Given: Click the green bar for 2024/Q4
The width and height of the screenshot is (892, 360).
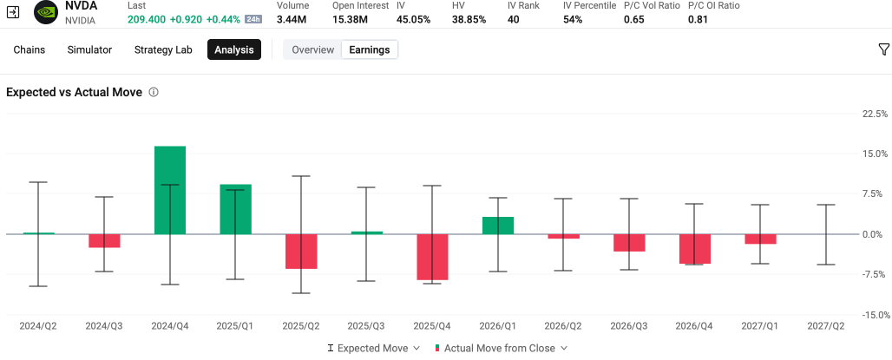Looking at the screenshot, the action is point(170,190).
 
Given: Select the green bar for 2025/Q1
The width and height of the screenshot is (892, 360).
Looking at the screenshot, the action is point(235,209).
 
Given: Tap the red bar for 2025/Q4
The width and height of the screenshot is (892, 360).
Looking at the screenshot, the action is point(432,257).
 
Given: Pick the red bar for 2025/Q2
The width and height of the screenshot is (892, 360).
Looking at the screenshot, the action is point(301,252).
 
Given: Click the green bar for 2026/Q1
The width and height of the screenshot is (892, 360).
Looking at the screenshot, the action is point(498,226).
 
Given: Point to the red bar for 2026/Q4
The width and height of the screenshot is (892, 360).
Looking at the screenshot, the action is point(695,249).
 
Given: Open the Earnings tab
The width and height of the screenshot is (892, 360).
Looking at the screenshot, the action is point(369,49).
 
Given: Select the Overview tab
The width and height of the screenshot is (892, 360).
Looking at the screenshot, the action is point(313,49).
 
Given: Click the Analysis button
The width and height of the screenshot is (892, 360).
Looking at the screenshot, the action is point(234,49).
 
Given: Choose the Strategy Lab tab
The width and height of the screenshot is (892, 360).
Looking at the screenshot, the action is point(163,49).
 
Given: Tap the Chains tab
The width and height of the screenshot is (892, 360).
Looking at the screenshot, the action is point(29,49).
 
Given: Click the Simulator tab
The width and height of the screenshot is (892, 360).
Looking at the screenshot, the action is point(89,49).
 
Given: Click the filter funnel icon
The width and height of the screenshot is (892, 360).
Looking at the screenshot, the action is point(883,49).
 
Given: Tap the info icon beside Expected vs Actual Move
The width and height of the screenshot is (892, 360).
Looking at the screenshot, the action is point(153,92).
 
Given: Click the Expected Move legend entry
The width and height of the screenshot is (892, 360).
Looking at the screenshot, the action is point(374,348).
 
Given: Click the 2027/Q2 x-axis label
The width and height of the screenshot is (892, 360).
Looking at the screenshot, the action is point(826,326).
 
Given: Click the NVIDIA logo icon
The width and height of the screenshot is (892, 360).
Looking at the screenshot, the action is point(46,12).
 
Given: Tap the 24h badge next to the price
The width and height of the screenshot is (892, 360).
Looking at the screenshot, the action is point(253,19).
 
